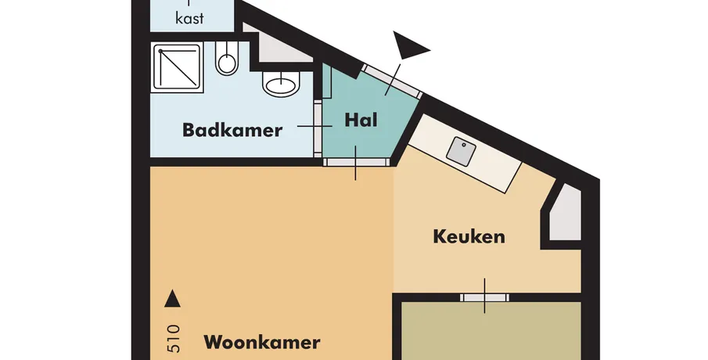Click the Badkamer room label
coord(232,130)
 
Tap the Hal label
coord(361,121)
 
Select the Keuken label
coord(469,236)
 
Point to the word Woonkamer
coord(262,342)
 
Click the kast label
coord(189,19)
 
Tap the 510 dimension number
coord(174,338)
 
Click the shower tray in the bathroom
coord(177,67)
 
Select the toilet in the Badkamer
coord(226,58)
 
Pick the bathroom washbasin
coord(281,83)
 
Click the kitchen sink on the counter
coord(461,152)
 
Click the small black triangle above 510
coord(172,299)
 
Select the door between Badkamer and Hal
coord(318,126)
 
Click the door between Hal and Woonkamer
coord(357,162)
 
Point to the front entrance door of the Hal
coord(393,81)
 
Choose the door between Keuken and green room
coord(484,297)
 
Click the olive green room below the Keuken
coord(491,331)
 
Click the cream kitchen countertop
coord(465,153)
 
